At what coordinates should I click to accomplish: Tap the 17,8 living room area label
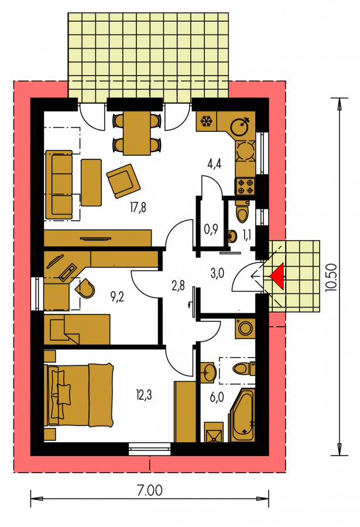tap(138, 207)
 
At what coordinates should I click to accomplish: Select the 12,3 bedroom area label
tap(144, 395)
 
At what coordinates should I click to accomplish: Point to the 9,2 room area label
tap(117, 296)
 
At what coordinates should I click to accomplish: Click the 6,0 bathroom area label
tap(217, 397)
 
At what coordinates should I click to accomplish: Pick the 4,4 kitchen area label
tap(214, 164)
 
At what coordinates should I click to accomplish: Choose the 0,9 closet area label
tap(211, 229)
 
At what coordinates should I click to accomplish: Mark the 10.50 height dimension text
tap(331, 276)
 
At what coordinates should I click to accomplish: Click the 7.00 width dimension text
tap(150, 490)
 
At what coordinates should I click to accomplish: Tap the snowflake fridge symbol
tap(207, 121)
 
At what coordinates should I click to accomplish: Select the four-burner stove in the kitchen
tap(245, 187)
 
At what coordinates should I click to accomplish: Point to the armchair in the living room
tap(124, 180)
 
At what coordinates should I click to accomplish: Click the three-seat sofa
tap(59, 184)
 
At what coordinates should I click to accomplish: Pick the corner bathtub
tap(242, 415)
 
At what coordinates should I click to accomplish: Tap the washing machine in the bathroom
tap(245, 328)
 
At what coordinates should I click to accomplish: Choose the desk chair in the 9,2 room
tap(85, 288)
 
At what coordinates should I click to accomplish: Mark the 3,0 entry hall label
tap(217, 273)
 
